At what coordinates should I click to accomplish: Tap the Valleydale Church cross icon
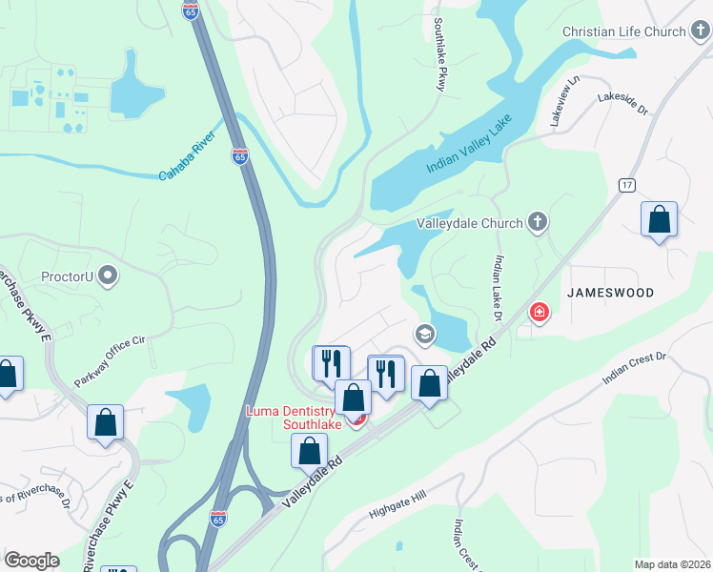[x=538, y=223]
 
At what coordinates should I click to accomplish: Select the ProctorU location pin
[x=108, y=277]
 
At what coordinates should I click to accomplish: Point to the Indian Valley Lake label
[x=469, y=143]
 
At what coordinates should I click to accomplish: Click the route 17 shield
[x=625, y=184]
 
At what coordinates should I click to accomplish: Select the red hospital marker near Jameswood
[x=540, y=312]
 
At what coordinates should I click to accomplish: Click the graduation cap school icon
[x=424, y=334]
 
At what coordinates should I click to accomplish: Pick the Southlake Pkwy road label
[x=439, y=55]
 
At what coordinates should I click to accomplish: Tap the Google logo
[x=31, y=561]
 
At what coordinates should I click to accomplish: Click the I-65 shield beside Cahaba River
[x=239, y=156]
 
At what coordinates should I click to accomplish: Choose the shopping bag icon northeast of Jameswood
[x=659, y=220]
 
